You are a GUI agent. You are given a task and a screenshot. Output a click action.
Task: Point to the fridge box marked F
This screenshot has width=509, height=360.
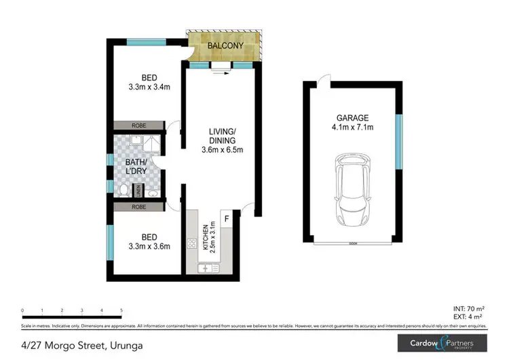(227, 218)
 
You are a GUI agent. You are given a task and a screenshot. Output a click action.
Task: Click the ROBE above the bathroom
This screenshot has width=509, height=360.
(139, 126)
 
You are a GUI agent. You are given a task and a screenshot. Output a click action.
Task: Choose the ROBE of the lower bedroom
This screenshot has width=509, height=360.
(139, 206)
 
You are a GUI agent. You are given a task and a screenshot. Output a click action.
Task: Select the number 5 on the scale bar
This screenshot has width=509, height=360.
(121, 310)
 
